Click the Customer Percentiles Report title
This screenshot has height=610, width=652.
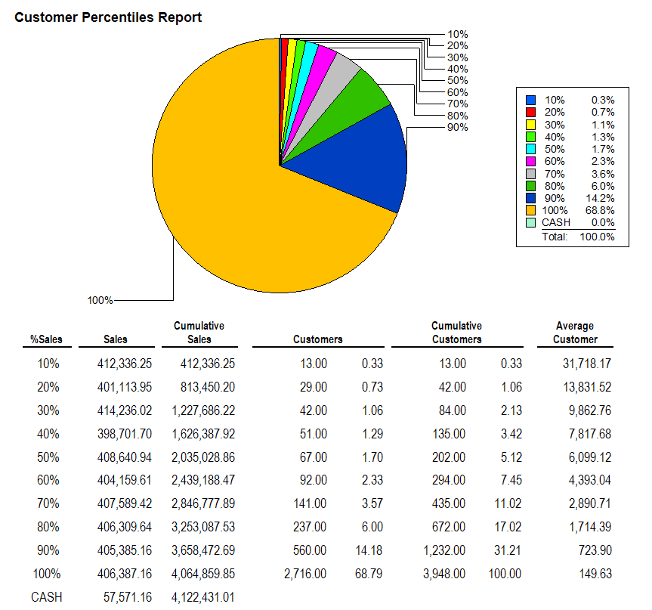[108, 17]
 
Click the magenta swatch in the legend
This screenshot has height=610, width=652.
[530, 161]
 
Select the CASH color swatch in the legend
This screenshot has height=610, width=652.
[530, 222]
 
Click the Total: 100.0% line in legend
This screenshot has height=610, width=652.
[578, 237]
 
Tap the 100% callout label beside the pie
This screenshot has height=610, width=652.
[100, 300]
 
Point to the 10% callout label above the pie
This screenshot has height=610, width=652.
[458, 34]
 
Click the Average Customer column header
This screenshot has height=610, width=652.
[575, 333]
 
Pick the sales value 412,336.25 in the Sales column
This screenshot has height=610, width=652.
[125, 364]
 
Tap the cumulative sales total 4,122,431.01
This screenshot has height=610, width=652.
[203, 597]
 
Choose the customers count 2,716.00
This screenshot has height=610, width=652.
[305, 574]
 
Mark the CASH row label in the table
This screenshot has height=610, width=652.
[47, 597]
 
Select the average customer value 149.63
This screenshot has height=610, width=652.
[596, 574]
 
